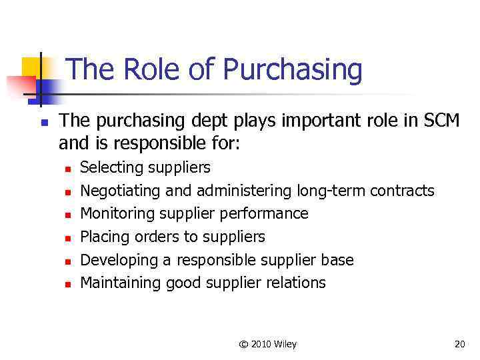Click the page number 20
click(459, 344)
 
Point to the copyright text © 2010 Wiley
click(267, 344)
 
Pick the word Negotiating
click(120, 191)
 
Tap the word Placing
click(105, 237)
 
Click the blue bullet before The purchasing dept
click(42, 123)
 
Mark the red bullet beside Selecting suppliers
click(67, 169)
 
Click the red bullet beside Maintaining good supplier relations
click(67, 284)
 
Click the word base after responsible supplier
click(338, 260)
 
